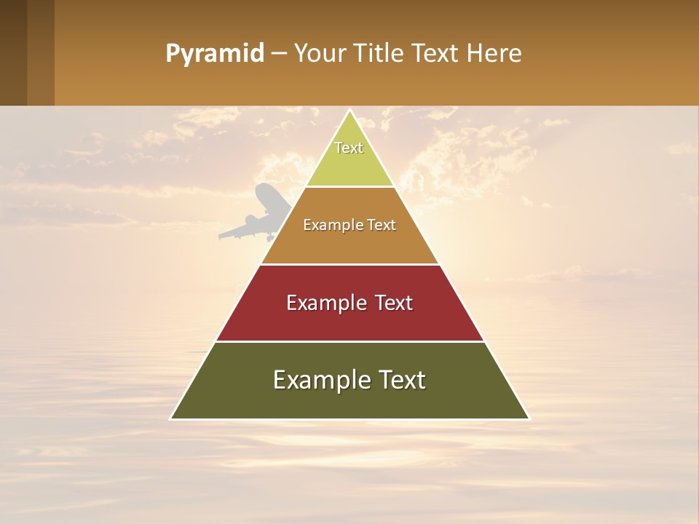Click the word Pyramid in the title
pyautogui.click(x=214, y=54)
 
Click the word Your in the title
pyautogui.click(x=319, y=54)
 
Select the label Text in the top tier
pyautogui.click(x=349, y=148)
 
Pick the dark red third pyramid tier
pyautogui.click(x=349, y=320)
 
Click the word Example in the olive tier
pyautogui.click(x=317, y=380)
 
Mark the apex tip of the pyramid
pyautogui.click(x=349, y=110)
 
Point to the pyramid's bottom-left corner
pyautogui.click(x=172, y=418)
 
